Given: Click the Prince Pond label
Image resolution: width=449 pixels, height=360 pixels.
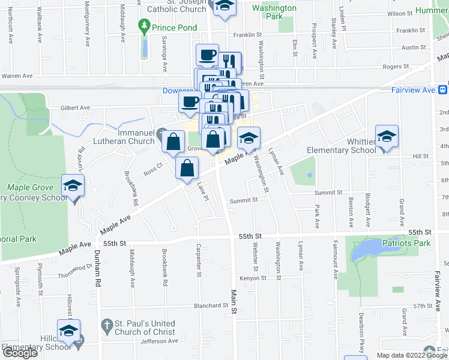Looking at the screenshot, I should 175,28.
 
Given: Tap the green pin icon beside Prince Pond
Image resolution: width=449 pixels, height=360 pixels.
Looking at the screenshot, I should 143,26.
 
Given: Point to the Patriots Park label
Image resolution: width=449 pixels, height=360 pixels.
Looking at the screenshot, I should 406,243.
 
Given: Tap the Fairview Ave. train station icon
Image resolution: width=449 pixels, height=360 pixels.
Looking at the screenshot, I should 442,90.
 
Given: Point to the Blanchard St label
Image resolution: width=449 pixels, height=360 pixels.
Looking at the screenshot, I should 211,305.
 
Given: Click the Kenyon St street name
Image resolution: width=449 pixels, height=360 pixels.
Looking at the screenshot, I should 253,278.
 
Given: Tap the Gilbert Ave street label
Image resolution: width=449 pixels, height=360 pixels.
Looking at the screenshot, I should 74,108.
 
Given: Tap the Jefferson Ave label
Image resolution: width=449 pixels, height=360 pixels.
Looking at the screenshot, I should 159,341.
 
